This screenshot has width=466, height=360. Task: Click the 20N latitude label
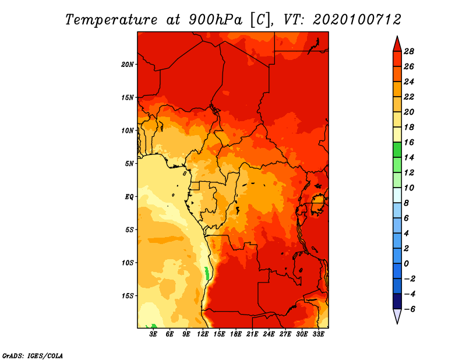[x=128, y=65]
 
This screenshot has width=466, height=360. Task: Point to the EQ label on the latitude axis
[x=129, y=197]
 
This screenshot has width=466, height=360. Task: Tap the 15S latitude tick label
[x=128, y=296]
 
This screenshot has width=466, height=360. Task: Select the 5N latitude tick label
[x=129, y=164]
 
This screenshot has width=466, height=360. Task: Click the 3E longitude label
[x=153, y=334]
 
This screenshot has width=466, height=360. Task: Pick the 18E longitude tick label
[x=236, y=334]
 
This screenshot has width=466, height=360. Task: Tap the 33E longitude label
[x=318, y=334]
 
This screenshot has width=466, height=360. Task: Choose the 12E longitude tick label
[x=203, y=334]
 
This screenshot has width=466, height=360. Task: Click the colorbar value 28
[x=409, y=51]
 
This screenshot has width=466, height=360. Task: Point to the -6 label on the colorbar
[x=409, y=309]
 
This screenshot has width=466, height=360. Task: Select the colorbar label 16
[x=409, y=142]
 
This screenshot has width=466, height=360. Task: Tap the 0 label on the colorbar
[x=406, y=264]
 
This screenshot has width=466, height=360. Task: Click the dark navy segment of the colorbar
[x=397, y=301]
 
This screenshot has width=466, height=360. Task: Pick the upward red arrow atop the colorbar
[x=397, y=44]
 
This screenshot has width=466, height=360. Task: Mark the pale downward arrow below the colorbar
[x=397, y=316]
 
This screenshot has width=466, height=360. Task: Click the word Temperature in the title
[x=111, y=20]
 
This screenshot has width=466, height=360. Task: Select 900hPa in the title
[x=216, y=20]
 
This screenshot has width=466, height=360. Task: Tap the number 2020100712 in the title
[x=357, y=20]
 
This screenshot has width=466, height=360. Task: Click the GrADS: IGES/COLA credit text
[x=33, y=356]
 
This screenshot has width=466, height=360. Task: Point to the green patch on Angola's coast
[x=207, y=273]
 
